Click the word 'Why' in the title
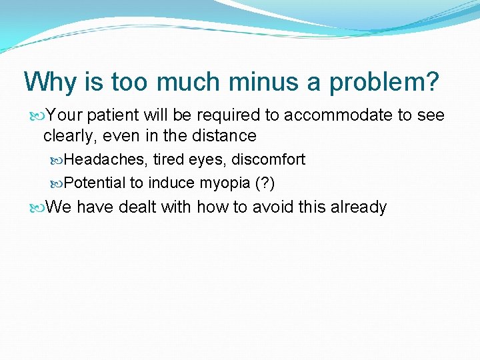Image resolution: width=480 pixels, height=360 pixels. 47,83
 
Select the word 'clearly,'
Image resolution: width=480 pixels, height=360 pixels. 70,136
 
